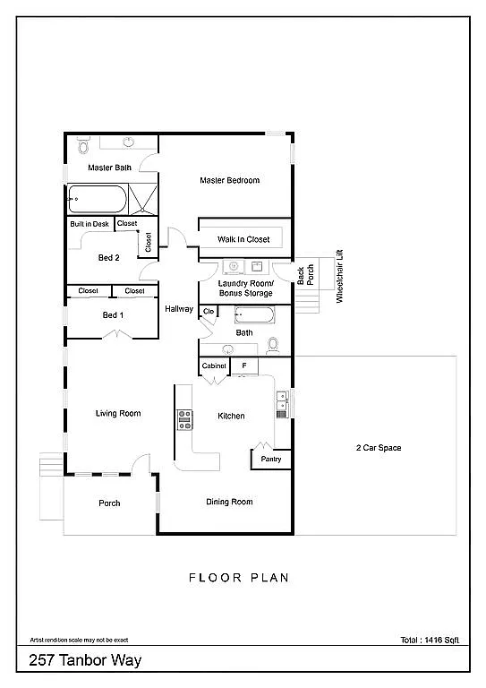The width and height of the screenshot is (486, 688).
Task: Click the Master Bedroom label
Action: click(x=229, y=180)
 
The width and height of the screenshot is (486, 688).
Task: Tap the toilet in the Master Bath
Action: click(x=82, y=146)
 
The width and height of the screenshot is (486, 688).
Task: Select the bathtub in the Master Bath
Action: click(x=97, y=197)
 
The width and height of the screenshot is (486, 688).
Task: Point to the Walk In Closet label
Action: click(x=243, y=239)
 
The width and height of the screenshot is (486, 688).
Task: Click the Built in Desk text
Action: click(x=90, y=224)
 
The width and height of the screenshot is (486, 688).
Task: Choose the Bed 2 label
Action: click(x=109, y=257)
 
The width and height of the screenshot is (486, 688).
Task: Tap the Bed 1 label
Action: click(x=113, y=314)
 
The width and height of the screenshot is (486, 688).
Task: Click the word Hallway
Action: click(x=179, y=309)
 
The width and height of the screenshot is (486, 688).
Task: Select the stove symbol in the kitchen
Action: click(x=185, y=419)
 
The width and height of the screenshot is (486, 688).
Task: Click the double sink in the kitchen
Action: click(x=282, y=405)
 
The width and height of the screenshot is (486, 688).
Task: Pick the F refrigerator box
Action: click(x=243, y=366)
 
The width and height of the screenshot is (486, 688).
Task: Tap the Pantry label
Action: click(x=270, y=459)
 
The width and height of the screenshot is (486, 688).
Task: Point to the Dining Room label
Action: click(x=230, y=502)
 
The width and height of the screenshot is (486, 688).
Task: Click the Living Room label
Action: click(x=118, y=413)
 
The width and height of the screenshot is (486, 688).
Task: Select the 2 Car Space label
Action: click(x=377, y=447)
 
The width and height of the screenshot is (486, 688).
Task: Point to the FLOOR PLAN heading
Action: click(x=238, y=578)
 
